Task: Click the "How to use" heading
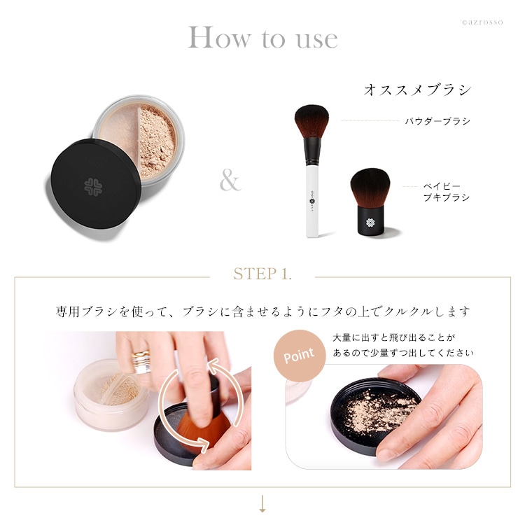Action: pos(262,38)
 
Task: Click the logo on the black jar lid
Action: pos(94,185)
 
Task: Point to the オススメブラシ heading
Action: pos(417,90)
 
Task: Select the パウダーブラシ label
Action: pos(437,121)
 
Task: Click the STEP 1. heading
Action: pos(262,274)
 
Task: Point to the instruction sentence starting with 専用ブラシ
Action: pos(262,311)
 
